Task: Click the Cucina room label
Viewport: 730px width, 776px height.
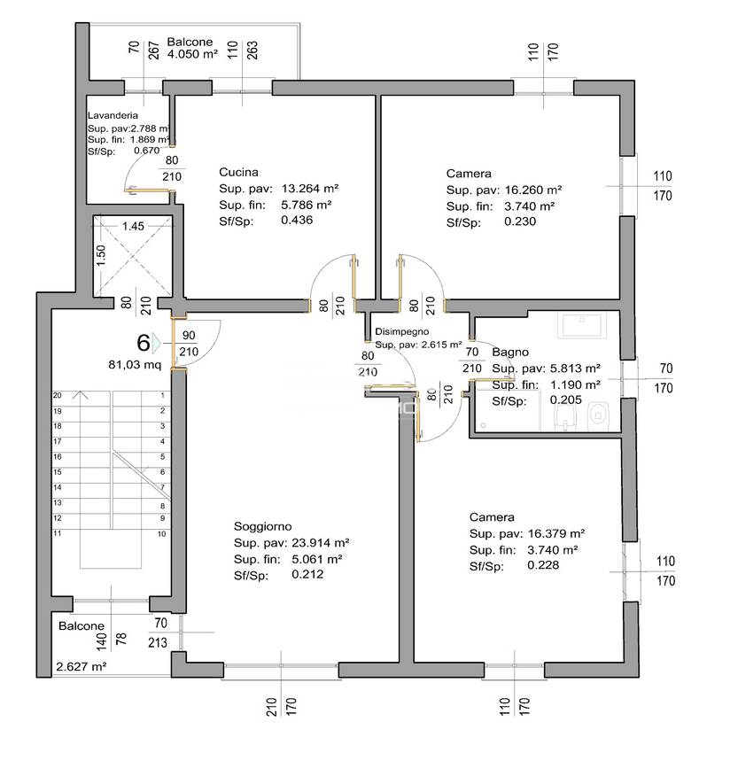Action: pos(238,173)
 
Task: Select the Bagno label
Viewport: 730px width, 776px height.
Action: pos(510,353)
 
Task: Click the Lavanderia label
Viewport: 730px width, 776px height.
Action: pos(113,116)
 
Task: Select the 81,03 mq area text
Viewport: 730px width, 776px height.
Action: pos(135,364)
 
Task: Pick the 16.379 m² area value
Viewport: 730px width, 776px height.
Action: pos(553,533)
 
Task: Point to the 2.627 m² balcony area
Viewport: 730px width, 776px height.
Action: pos(81,667)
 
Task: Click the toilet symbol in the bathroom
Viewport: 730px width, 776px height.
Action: pos(601,414)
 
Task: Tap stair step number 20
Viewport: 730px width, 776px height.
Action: pos(58,396)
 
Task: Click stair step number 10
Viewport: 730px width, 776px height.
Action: pos(162,534)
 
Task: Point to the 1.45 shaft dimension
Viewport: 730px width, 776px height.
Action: pos(134,226)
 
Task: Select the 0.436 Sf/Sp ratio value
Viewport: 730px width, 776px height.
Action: pos(296,221)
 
